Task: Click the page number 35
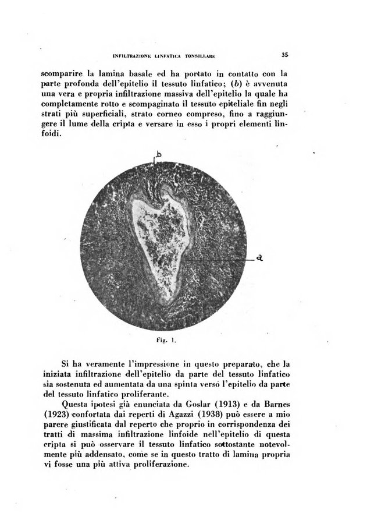(284, 56)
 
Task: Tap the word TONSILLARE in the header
(199, 56)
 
